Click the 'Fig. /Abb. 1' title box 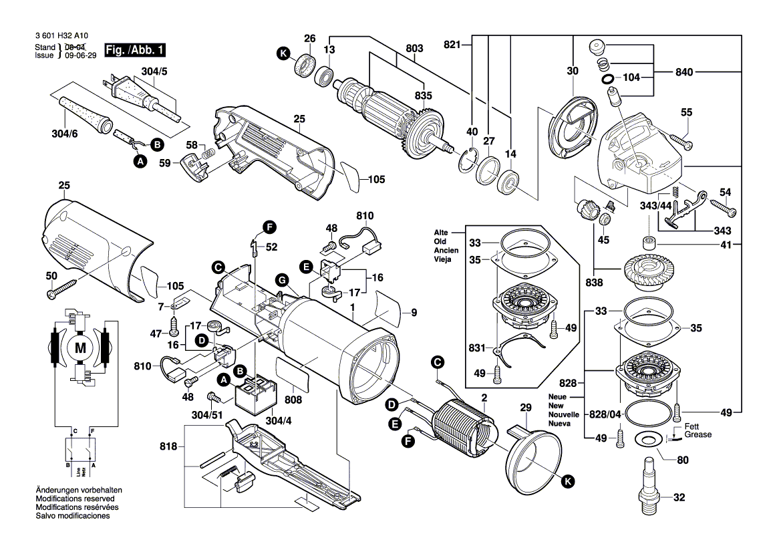[134, 50]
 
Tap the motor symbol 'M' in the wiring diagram [80, 348]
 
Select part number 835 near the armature [424, 96]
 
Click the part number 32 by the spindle [679, 497]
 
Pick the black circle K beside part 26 [283, 53]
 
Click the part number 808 [293, 400]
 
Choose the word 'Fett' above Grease [691, 426]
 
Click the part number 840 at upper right [684, 72]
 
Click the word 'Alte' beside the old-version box [441, 233]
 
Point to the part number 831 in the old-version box [477, 348]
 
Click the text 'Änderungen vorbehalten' [79, 491]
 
